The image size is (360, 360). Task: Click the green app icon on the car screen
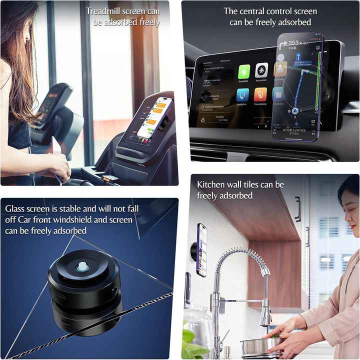click(243, 71)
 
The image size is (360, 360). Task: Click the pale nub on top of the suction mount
click(82, 267)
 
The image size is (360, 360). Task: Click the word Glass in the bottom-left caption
click(15, 208)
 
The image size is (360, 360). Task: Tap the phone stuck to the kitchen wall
click(201, 249)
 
